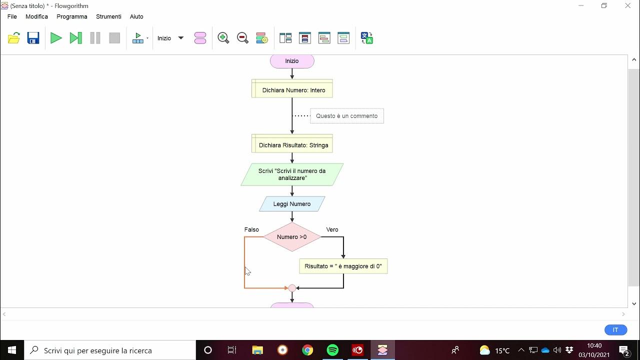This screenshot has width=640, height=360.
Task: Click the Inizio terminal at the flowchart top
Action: click(x=292, y=61)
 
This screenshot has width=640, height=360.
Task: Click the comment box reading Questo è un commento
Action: click(x=346, y=116)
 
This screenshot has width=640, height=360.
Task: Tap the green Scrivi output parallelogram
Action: click(x=292, y=174)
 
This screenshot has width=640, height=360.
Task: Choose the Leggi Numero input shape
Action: click(x=292, y=204)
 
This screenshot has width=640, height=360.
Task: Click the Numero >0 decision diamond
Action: click(x=292, y=237)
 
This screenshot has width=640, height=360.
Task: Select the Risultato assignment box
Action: click(x=343, y=266)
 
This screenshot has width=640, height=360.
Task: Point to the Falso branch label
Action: click(x=251, y=229)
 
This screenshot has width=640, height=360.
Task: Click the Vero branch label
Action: click(x=332, y=229)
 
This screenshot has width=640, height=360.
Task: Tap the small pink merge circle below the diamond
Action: click(x=292, y=288)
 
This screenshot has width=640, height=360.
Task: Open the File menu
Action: click(x=12, y=16)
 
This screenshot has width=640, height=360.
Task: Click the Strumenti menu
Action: click(x=108, y=16)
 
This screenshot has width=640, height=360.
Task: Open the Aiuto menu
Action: click(x=136, y=16)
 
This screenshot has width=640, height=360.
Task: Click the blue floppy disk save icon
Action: click(x=33, y=38)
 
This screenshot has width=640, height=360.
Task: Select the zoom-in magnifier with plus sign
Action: click(x=223, y=38)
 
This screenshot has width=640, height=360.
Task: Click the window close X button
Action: click(x=627, y=6)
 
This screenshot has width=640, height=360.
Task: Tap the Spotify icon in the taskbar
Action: click(x=332, y=350)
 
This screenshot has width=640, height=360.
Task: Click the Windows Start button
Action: click(x=12, y=350)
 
